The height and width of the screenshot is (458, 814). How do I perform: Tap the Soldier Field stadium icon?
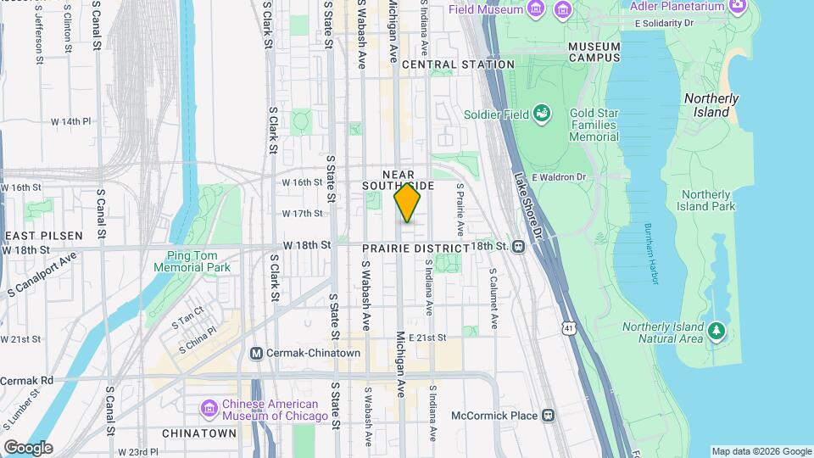(x=541, y=114)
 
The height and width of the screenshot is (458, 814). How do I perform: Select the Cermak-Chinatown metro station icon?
(x=257, y=353)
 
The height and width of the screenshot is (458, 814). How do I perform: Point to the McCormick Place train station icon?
(x=549, y=416)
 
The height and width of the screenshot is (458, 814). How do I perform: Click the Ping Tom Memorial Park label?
(x=181, y=261)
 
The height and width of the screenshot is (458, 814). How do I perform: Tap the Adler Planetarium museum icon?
(x=737, y=6)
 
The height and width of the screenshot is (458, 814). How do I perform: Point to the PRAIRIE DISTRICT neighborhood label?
(x=415, y=248)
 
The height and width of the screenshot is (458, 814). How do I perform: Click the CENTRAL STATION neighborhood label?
(x=458, y=64)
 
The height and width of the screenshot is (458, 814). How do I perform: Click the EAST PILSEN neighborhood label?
(x=42, y=235)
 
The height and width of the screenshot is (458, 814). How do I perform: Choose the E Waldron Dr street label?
(x=558, y=176)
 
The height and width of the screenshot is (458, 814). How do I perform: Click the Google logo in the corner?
(x=28, y=447)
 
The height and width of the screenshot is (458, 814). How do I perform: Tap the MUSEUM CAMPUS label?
(x=594, y=52)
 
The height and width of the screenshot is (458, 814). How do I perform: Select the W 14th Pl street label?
(x=70, y=121)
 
